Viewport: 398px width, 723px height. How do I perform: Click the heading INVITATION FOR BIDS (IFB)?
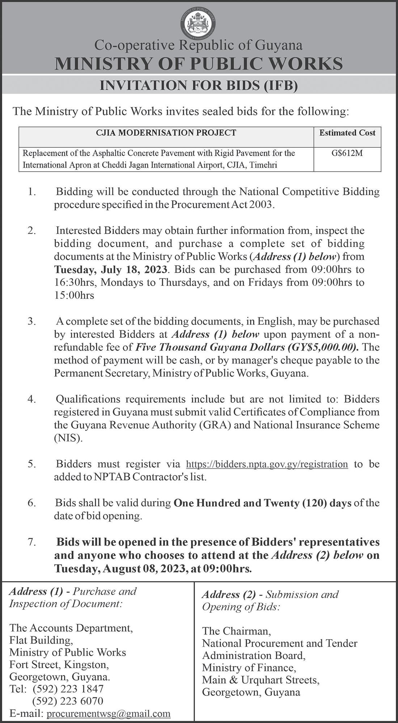pos(199,86)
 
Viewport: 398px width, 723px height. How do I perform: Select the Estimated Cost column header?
pos(347,133)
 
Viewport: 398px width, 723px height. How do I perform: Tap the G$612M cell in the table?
pos(347,153)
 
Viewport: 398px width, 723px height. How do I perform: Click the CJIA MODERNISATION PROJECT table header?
pos(166,133)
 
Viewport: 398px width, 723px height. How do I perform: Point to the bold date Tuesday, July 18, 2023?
pos(111,270)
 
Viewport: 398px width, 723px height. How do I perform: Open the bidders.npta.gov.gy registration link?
pos(267,464)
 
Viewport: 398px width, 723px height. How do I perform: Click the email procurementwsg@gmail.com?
pos(109,714)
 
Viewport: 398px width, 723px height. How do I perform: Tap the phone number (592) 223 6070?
pos(68,701)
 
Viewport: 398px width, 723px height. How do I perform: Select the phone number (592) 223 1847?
pos(68,688)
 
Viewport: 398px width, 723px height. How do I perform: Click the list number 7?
pos(32,543)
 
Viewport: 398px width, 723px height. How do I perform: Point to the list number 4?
pos(32,399)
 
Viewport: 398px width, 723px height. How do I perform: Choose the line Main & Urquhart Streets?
pos(261,680)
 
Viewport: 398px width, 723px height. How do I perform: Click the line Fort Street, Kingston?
pos(59,664)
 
